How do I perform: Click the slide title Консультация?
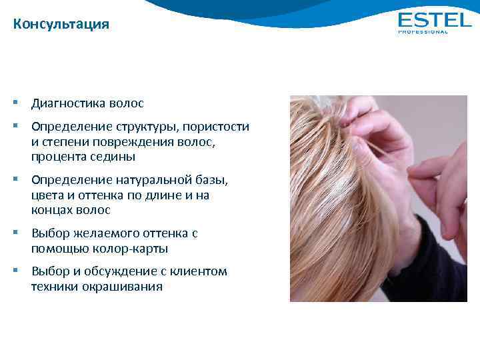point(61,25)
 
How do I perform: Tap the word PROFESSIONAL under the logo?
point(423,32)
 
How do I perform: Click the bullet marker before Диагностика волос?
point(15,103)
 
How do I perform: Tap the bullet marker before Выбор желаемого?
point(15,233)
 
